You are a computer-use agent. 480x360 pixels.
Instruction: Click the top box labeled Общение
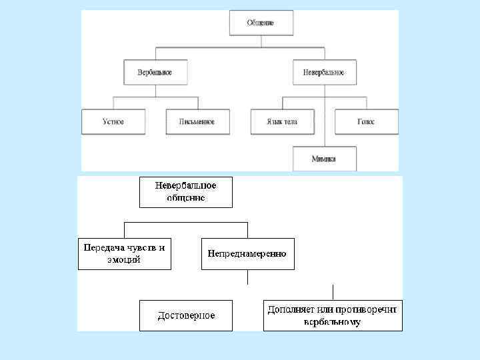(x=261, y=23)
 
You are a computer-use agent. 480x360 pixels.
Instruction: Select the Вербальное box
(x=155, y=73)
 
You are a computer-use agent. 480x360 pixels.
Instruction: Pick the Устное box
(x=113, y=122)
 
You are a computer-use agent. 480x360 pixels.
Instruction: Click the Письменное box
(x=197, y=122)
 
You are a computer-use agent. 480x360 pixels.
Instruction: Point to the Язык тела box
(x=283, y=122)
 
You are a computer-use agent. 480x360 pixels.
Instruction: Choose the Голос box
(x=366, y=122)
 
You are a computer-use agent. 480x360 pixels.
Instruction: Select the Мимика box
(x=325, y=159)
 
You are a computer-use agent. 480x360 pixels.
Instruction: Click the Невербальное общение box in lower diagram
(x=186, y=191)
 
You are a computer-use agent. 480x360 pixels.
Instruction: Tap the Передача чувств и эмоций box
(x=125, y=253)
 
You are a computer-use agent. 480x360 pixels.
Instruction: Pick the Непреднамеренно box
(x=247, y=253)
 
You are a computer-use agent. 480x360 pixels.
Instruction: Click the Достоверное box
(x=186, y=315)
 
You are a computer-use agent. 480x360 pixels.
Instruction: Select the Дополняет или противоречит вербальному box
(x=333, y=315)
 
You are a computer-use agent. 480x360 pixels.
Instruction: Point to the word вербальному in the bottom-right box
(x=332, y=322)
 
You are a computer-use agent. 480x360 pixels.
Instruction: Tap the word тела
(x=291, y=122)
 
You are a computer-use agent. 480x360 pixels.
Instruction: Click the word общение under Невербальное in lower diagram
(x=186, y=198)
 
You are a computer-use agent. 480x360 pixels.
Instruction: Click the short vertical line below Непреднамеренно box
(x=247, y=277)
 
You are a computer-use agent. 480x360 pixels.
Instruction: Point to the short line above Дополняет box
(x=333, y=292)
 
